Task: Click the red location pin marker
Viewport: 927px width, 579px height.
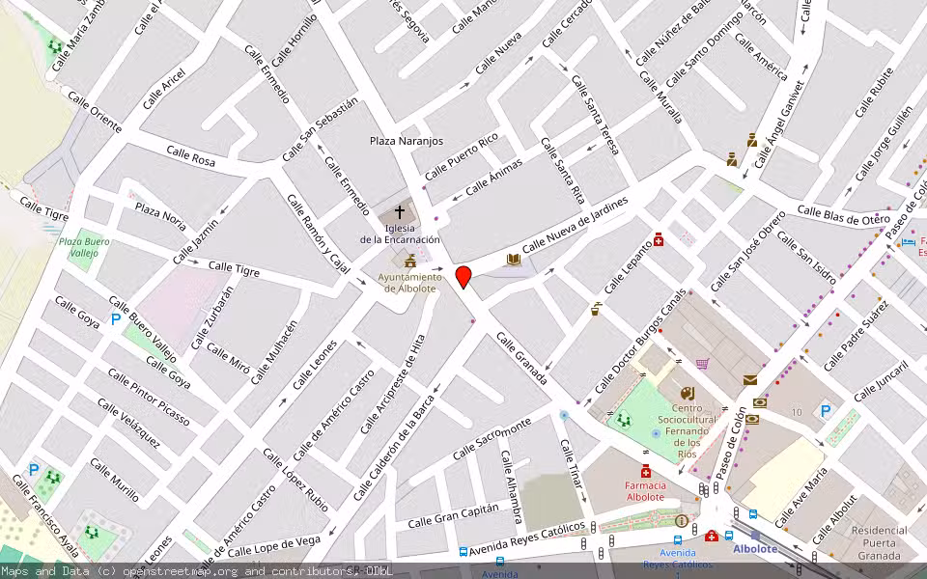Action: pyautogui.click(x=463, y=277)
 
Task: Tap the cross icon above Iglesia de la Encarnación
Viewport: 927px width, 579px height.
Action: pyautogui.click(x=399, y=211)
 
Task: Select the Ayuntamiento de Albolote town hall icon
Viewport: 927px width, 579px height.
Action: pyautogui.click(x=410, y=262)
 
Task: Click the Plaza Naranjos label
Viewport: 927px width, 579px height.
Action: pyautogui.click(x=407, y=141)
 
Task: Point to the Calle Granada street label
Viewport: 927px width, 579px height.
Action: pyautogui.click(x=521, y=358)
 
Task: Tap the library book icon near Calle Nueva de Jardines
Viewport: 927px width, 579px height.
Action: pyautogui.click(x=514, y=260)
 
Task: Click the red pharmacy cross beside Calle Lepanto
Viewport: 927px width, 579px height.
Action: pyautogui.click(x=659, y=238)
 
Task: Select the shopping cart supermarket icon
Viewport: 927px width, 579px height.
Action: pyautogui.click(x=702, y=364)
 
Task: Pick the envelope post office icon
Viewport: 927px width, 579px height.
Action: pyautogui.click(x=750, y=380)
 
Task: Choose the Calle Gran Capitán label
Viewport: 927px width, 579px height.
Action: pyautogui.click(x=453, y=515)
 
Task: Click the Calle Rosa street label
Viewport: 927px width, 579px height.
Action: pyautogui.click(x=190, y=155)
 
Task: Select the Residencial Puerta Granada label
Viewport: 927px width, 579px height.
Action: pyautogui.click(x=880, y=541)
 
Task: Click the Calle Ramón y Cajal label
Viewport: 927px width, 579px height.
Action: pyautogui.click(x=318, y=234)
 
